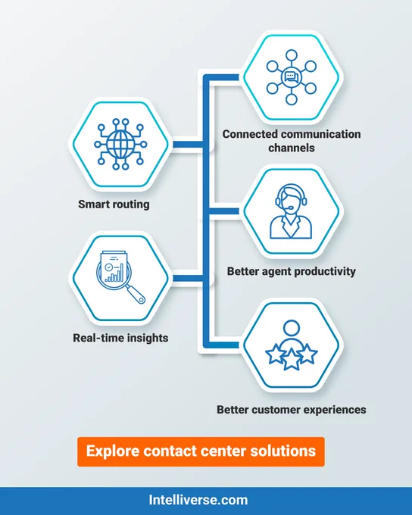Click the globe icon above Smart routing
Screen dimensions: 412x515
click(x=120, y=144)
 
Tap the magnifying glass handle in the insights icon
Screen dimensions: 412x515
click(x=136, y=295)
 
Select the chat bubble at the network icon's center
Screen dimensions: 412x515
click(x=292, y=77)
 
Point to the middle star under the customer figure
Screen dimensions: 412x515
click(x=292, y=359)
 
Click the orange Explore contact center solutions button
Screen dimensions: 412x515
click(x=201, y=451)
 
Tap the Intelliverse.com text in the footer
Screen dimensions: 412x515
click(x=198, y=500)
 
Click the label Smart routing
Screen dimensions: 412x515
click(x=114, y=204)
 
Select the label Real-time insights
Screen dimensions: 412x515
click(x=120, y=338)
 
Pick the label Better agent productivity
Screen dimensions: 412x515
click(x=292, y=271)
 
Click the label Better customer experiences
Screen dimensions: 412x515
click(x=292, y=410)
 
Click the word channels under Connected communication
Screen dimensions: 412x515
click(x=292, y=148)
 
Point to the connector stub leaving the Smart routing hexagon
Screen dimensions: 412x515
click(x=189, y=145)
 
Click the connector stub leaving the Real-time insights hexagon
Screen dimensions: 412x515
click(x=189, y=279)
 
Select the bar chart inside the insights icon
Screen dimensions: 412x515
click(x=114, y=274)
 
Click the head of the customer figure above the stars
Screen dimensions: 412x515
click(x=292, y=328)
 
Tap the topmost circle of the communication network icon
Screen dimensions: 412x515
click(x=292, y=55)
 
